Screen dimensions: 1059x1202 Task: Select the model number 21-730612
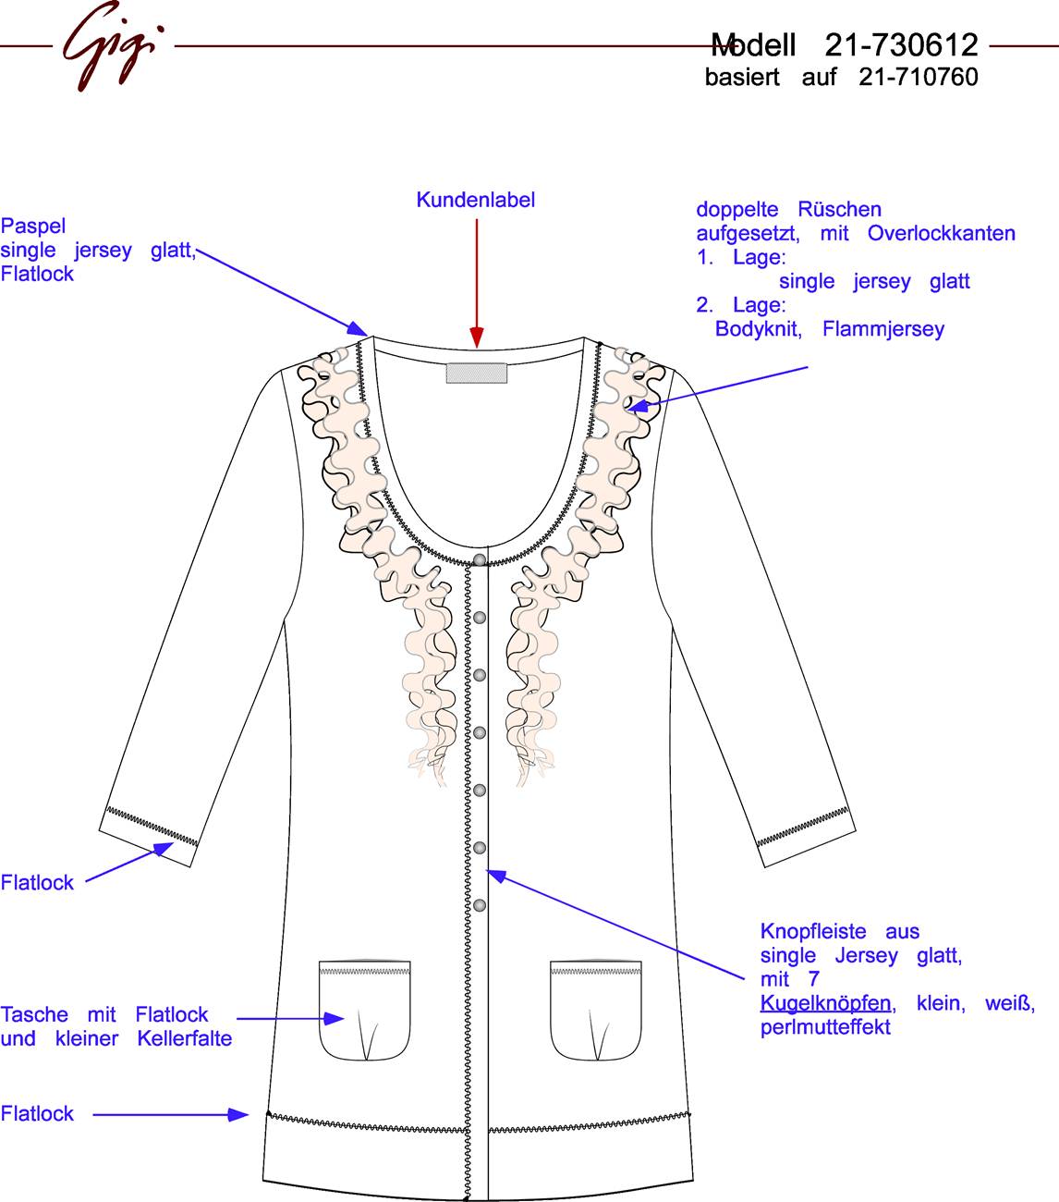point(901,44)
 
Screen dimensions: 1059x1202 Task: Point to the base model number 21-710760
point(919,77)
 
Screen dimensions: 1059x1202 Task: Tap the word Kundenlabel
point(476,200)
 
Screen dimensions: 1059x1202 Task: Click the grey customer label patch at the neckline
point(477,374)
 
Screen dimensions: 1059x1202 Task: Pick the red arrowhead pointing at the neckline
point(477,337)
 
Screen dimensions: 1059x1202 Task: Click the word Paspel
point(33,226)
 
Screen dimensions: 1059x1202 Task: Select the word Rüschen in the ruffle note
point(840,210)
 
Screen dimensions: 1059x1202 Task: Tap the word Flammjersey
point(883,328)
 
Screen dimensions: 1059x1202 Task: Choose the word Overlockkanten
point(942,233)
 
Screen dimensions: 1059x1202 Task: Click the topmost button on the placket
point(480,559)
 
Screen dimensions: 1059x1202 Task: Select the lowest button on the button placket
point(480,905)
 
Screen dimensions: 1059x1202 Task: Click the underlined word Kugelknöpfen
point(825,1002)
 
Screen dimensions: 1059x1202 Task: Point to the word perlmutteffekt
point(825,1027)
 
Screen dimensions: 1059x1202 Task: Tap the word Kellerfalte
point(185,1038)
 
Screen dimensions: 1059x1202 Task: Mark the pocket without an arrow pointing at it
point(596,1011)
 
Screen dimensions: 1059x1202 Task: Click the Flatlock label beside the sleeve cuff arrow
point(37,882)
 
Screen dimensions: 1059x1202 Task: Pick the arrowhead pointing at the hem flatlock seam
point(238,1114)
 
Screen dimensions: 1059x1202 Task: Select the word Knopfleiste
point(813,931)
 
